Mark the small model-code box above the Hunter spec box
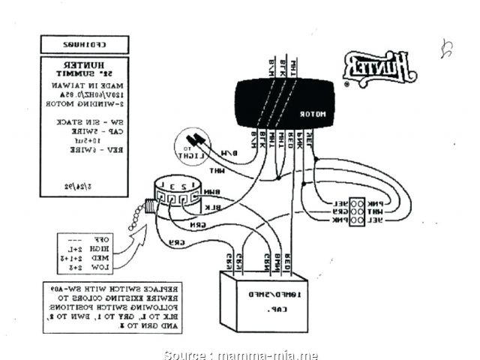[x=83, y=43]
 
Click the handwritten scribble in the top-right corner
[x=447, y=51]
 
